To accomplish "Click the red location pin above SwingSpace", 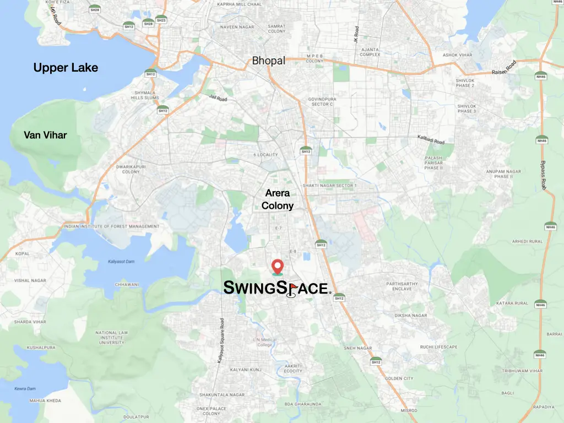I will [x=277, y=266].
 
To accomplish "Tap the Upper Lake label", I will [x=66, y=68].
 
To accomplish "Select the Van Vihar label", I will [x=45, y=135].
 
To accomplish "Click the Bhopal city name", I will [x=269, y=61].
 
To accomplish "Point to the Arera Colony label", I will [x=278, y=199].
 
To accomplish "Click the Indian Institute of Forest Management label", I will [x=111, y=226].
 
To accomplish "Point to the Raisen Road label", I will [x=505, y=68].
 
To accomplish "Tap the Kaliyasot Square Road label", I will [x=221, y=340].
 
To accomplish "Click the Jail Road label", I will [x=218, y=97].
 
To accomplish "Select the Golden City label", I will [x=399, y=378].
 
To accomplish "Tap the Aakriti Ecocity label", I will [x=293, y=368].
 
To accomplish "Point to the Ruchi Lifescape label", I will [x=438, y=347].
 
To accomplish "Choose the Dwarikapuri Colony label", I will [x=131, y=169].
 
